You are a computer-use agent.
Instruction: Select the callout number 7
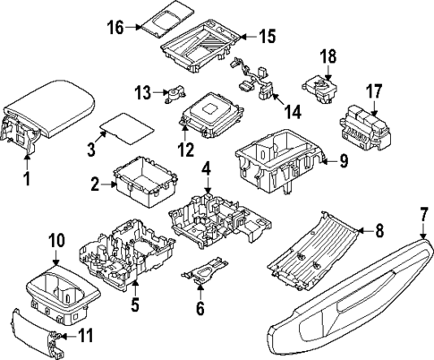pos(423,217)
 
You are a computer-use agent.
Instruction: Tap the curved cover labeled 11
pos(34,334)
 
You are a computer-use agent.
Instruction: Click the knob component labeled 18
pos(321,85)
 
